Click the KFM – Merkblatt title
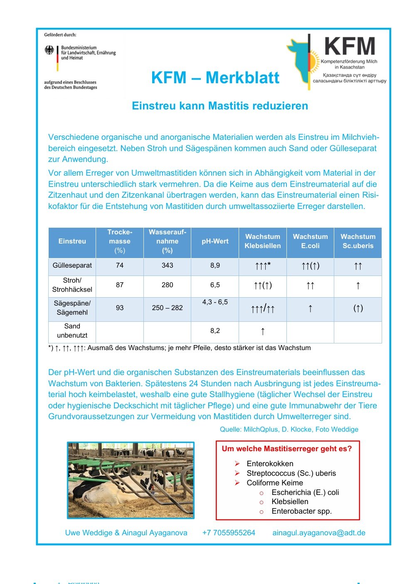[x=215, y=78]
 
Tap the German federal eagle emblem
[x=49, y=51]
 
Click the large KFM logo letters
[x=349, y=46]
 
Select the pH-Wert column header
[x=215, y=241]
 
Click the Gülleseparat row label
[x=72, y=266]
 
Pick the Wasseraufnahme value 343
[x=167, y=266]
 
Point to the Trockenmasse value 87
[x=120, y=285]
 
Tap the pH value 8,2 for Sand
[x=215, y=331]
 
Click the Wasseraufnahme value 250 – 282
[x=167, y=308]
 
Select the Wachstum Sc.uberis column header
[x=358, y=241]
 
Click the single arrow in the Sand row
[x=263, y=331]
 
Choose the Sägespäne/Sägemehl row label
[x=72, y=308]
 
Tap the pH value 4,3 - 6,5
[x=215, y=302]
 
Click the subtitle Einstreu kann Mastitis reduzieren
[x=220, y=106]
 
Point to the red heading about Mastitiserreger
[x=286, y=449]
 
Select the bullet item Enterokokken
[x=270, y=464]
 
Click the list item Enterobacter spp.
[x=301, y=511]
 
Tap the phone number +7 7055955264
[x=229, y=533]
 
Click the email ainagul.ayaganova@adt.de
[x=319, y=533]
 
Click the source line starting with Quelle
[x=289, y=429]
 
